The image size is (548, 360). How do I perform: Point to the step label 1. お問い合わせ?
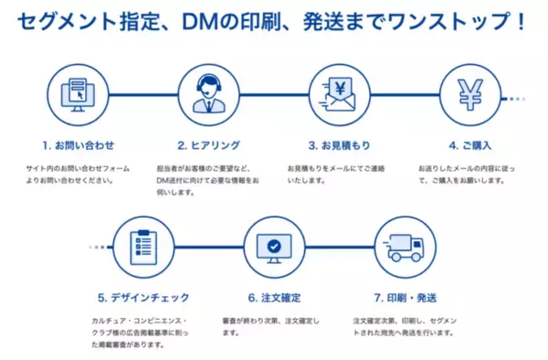point(78,144)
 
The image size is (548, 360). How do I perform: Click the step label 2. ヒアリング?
point(208,144)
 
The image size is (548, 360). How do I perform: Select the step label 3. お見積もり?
point(339,144)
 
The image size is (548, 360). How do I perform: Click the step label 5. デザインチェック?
point(142,297)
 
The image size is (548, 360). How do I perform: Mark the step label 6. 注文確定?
point(274,297)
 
